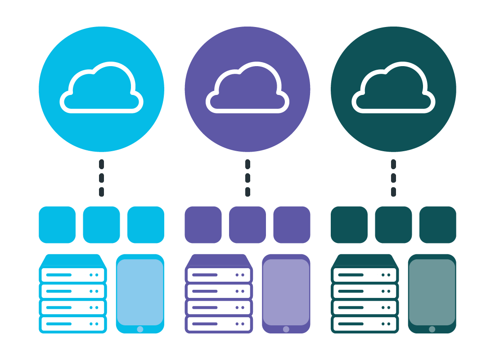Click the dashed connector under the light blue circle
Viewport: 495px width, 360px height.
coord(101,178)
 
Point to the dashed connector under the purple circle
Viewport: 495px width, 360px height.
coord(247,178)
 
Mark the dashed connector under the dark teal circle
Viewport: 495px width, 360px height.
coord(393,178)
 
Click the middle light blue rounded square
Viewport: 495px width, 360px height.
coord(101,225)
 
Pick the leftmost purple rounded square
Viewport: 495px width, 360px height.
coord(203,225)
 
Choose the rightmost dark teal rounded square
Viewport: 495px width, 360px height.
coord(437,225)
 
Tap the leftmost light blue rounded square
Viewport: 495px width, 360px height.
coord(57,225)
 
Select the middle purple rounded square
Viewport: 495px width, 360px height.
coord(247,225)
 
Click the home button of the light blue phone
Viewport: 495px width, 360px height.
coord(140,329)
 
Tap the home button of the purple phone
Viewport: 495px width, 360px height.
coord(286,329)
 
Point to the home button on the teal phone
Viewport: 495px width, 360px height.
coord(432,329)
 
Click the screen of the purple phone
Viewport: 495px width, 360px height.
coord(286,292)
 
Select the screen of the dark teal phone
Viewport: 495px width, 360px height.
coord(432,292)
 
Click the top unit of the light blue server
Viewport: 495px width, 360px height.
coord(73,274)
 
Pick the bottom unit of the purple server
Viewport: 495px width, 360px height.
coord(219,324)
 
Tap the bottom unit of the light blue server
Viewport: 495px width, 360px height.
coord(73,324)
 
